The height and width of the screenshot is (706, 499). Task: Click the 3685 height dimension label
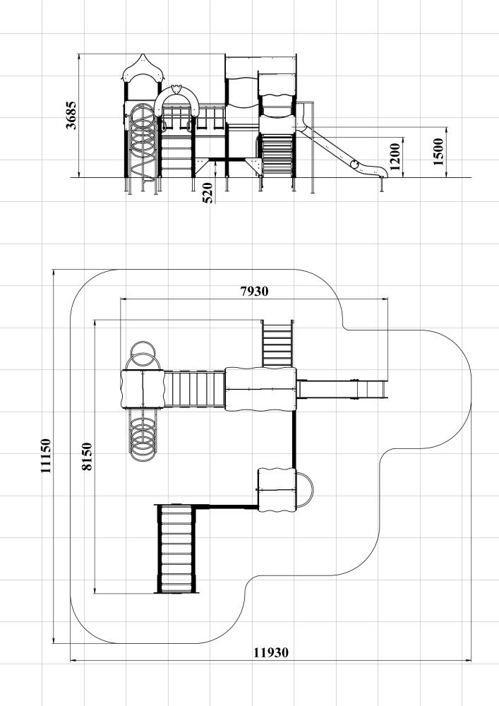(x=71, y=115)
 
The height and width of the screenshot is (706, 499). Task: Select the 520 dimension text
(x=208, y=193)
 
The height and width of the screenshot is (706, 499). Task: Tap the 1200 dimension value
(x=395, y=157)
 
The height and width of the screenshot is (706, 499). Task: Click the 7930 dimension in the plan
(x=254, y=292)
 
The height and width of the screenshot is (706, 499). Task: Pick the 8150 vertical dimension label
(x=88, y=457)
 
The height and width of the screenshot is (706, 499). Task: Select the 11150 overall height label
(x=46, y=455)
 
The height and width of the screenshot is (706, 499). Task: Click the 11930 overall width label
(x=271, y=652)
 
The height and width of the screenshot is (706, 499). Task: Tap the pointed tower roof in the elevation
(x=143, y=68)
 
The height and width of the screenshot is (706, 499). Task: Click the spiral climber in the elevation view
(x=143, y=142)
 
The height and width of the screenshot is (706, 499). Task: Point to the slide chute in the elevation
(x=342, y=152)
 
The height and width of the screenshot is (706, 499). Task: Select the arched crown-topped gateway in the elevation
(x=176, y=100)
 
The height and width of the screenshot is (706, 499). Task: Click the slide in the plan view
(x=342, y=389)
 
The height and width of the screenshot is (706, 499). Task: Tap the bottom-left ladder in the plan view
(x=176, y=549)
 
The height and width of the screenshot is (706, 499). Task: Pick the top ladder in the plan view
(x=277, y=343)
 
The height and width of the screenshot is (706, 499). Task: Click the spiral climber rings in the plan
(x=143, y=435)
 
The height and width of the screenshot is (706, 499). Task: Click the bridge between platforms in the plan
(x=194, y=390)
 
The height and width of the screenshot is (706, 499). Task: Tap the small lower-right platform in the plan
(x=277, y=490)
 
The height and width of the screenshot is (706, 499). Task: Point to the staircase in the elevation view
(x=277, y=154)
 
